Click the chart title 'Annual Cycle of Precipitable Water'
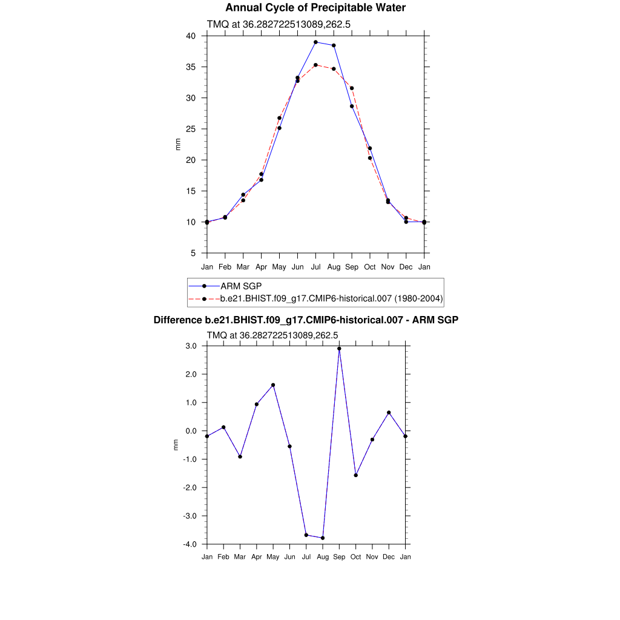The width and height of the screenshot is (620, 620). point(315,8)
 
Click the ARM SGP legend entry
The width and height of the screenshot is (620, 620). point(241,286)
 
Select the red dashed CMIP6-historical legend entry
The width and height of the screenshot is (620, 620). point(332,298)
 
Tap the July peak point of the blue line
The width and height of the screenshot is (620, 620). point(315,42)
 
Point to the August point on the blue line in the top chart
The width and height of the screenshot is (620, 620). point(334,45)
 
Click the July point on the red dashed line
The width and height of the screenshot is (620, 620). point(315,65)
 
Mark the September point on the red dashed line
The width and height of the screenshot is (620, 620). point(352,88)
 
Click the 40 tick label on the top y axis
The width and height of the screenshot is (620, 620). point(191,36)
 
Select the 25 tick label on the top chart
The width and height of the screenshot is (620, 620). point(191,129)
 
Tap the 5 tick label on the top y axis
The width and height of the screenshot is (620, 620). point(193,253)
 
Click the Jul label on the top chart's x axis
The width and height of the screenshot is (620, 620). point(315,267)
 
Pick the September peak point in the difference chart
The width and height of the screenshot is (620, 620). point(339,349)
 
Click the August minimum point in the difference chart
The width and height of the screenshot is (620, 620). point(323,538)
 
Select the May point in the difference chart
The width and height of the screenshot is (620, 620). point(273,385)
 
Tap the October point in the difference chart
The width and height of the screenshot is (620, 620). point(356,475)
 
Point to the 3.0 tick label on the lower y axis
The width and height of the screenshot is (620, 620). point(191,346)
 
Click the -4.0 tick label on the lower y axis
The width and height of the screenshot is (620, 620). point(190,544)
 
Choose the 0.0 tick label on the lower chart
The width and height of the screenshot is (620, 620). point(191,431)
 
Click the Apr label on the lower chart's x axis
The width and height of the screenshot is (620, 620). point(257,556)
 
